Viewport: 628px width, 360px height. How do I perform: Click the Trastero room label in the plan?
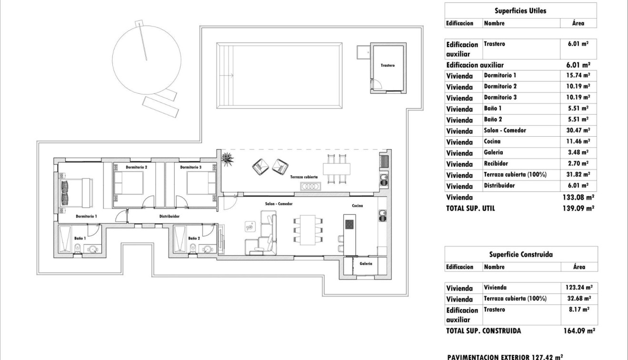388,65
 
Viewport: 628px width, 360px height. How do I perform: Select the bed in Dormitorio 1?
74,192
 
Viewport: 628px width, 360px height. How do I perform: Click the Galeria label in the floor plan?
366,263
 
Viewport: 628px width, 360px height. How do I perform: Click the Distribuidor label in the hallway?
169,216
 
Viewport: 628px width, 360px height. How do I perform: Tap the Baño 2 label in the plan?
194,238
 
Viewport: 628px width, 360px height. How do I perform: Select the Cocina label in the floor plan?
358,206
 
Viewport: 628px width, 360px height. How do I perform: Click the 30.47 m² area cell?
578,130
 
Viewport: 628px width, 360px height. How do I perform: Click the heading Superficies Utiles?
520,11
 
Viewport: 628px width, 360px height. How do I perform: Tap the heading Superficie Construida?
521,254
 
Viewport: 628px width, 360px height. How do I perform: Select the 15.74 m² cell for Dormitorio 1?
578,75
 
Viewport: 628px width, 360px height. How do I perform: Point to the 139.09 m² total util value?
578,208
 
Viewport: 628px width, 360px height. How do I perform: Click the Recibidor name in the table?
496,163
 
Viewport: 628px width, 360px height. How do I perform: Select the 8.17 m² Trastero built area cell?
578,310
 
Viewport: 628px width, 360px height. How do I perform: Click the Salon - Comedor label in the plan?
279,204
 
